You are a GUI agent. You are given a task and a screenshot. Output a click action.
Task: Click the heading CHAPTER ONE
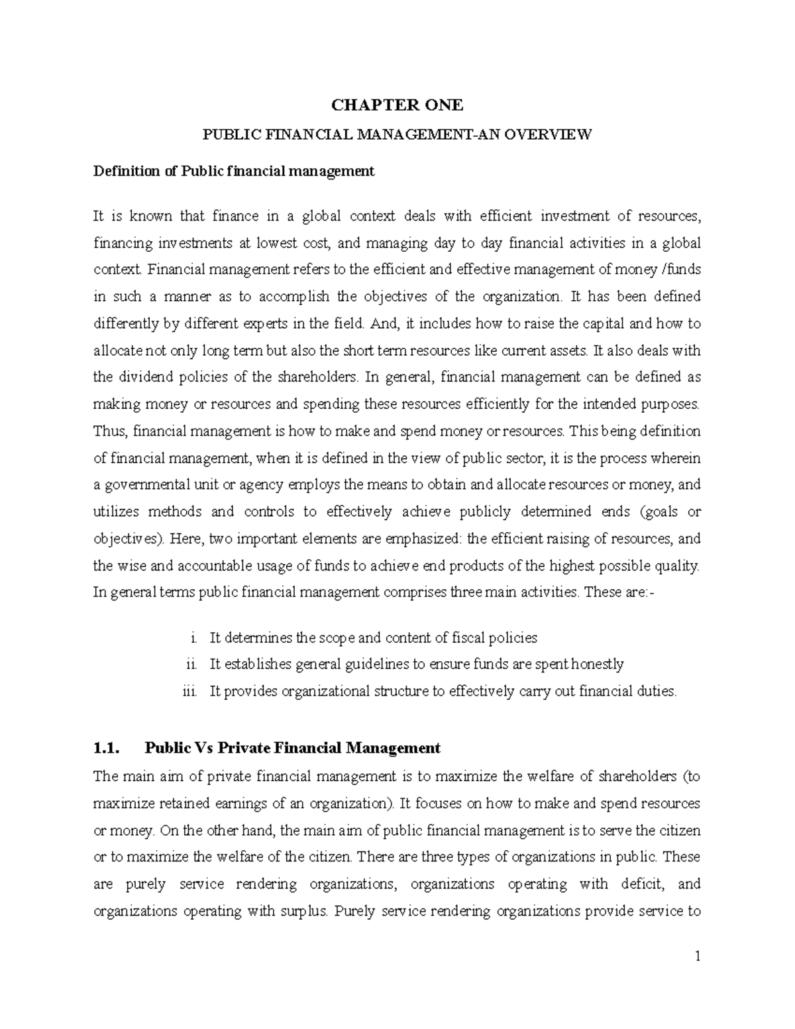(x=397, y=105)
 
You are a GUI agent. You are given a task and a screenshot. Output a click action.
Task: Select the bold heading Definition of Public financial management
(x=234, y=172)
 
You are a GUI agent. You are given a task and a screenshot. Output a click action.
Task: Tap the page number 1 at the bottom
(x=697, y=957)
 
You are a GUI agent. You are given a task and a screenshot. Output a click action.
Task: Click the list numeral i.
(x=193, y=638)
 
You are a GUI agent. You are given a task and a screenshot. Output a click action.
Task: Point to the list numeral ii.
(x=191, y=665)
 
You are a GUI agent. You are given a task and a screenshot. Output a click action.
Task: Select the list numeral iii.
(x=189, y=692)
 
